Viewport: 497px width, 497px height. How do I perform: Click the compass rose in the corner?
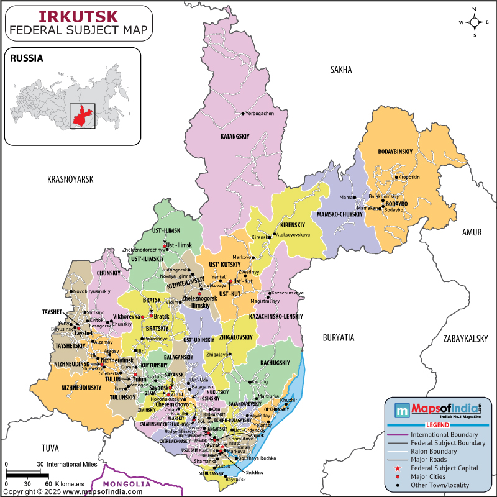475,22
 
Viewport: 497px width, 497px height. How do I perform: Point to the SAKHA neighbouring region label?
341,70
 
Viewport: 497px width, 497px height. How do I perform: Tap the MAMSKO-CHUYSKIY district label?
340,214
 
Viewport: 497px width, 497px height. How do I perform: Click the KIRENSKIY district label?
293,224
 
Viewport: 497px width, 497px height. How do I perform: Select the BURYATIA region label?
338,337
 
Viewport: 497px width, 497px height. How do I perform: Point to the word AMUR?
472,232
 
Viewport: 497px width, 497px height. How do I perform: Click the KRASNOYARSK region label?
70,179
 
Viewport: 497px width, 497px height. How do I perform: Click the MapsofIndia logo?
438,409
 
